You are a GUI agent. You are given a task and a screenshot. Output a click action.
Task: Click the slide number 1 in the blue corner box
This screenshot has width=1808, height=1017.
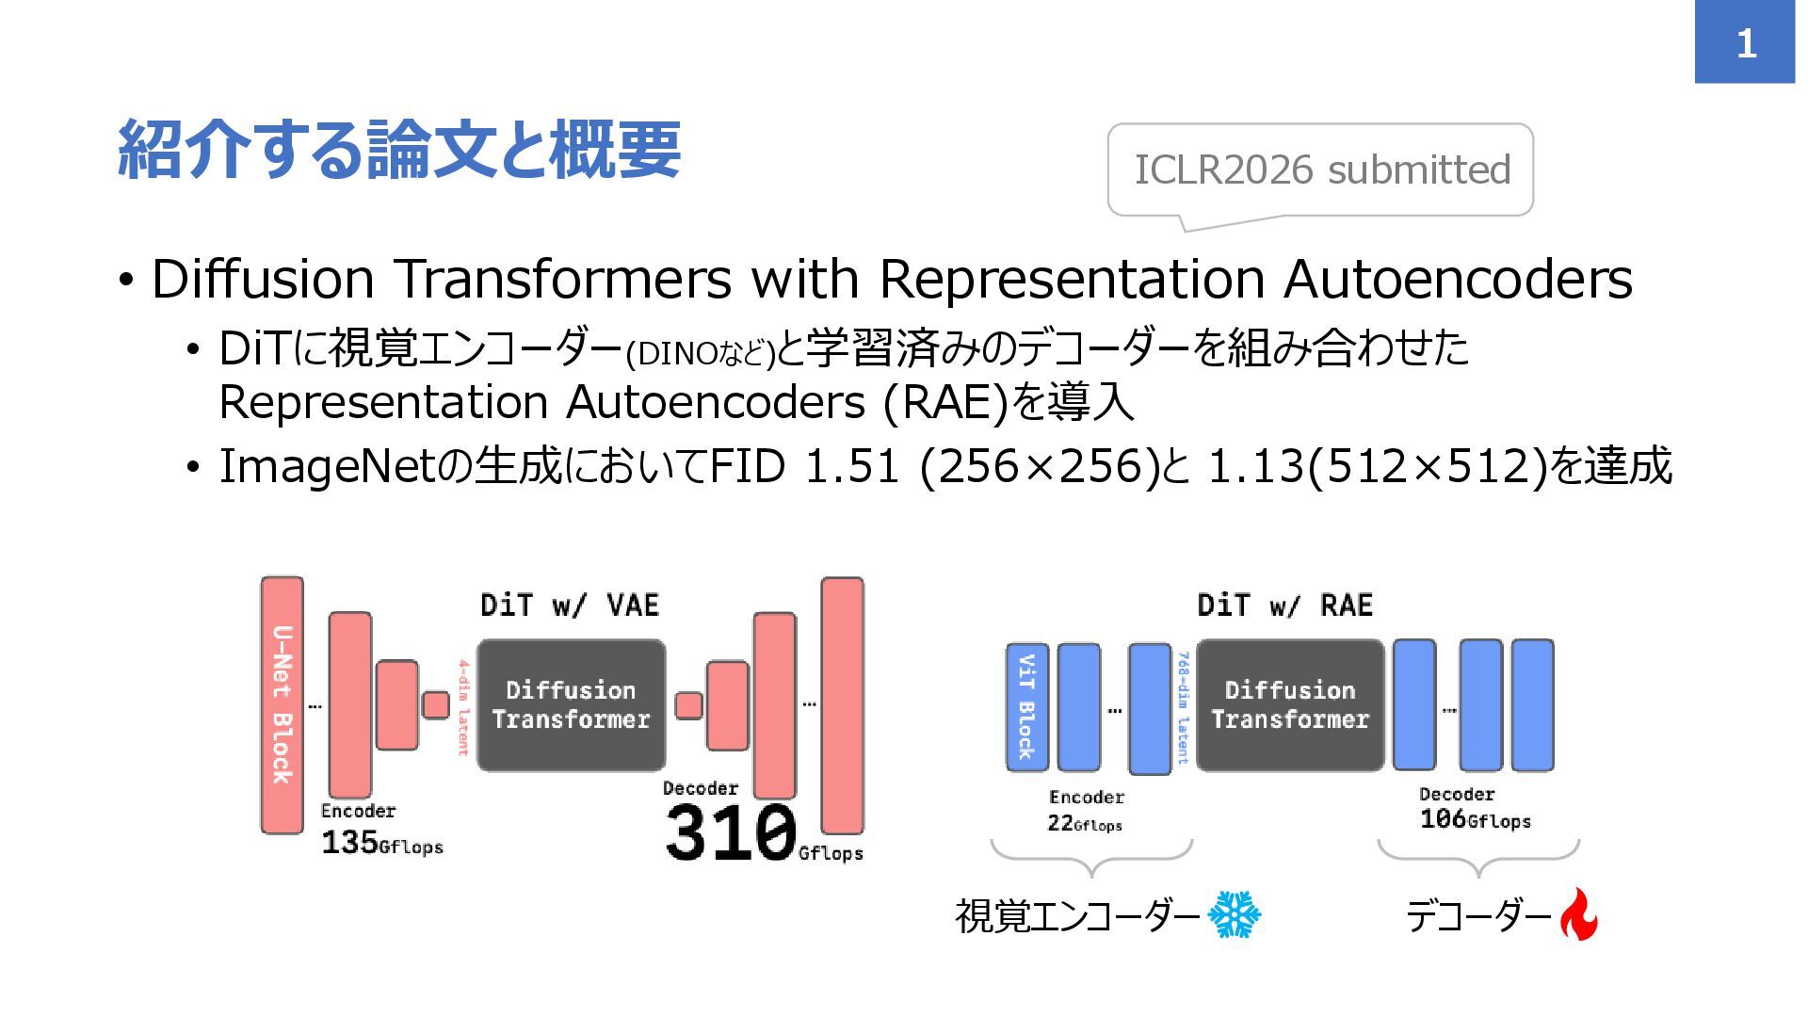tap(1745, 43)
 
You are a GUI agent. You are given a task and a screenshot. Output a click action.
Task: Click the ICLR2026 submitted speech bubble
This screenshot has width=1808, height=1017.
tap(1320, 170)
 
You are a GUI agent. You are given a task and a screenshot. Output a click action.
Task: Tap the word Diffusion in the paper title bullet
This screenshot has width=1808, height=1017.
tap(262, 280)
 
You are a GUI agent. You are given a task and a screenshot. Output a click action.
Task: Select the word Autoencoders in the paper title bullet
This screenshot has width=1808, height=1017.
tap(1458, 280)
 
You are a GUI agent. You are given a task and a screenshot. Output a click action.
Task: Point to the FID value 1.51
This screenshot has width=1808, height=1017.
tap(851, 466)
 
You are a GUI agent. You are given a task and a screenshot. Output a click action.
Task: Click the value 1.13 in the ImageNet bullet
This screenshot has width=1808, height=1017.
tap(1256, 466)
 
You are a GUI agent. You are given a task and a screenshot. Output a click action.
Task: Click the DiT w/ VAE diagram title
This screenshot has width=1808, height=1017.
tap(570, 605)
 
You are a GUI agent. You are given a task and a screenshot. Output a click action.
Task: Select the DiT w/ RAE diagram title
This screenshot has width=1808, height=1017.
tap(1284, 605)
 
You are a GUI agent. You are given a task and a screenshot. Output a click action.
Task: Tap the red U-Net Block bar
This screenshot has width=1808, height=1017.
tap(282, 704)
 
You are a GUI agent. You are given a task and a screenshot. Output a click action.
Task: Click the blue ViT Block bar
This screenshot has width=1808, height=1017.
tap(1026, 706)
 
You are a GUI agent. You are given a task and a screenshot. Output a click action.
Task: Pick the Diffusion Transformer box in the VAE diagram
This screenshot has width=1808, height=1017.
tap(571, 705)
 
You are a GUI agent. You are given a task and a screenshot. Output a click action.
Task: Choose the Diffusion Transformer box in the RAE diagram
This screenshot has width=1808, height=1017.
tap(1289, 705)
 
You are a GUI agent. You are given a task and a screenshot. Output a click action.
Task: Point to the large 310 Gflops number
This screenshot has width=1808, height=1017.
tap(731, 832)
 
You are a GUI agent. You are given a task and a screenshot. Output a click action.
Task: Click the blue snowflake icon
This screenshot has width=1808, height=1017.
tap(1234, 914)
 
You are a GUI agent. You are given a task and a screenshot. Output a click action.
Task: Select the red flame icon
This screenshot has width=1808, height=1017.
tap(1578, 914)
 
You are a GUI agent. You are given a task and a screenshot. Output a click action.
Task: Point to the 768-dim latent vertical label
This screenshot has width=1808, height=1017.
tap(1184, 707)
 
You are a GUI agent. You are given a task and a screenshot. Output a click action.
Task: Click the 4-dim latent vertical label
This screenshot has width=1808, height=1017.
tap(463, 707)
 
